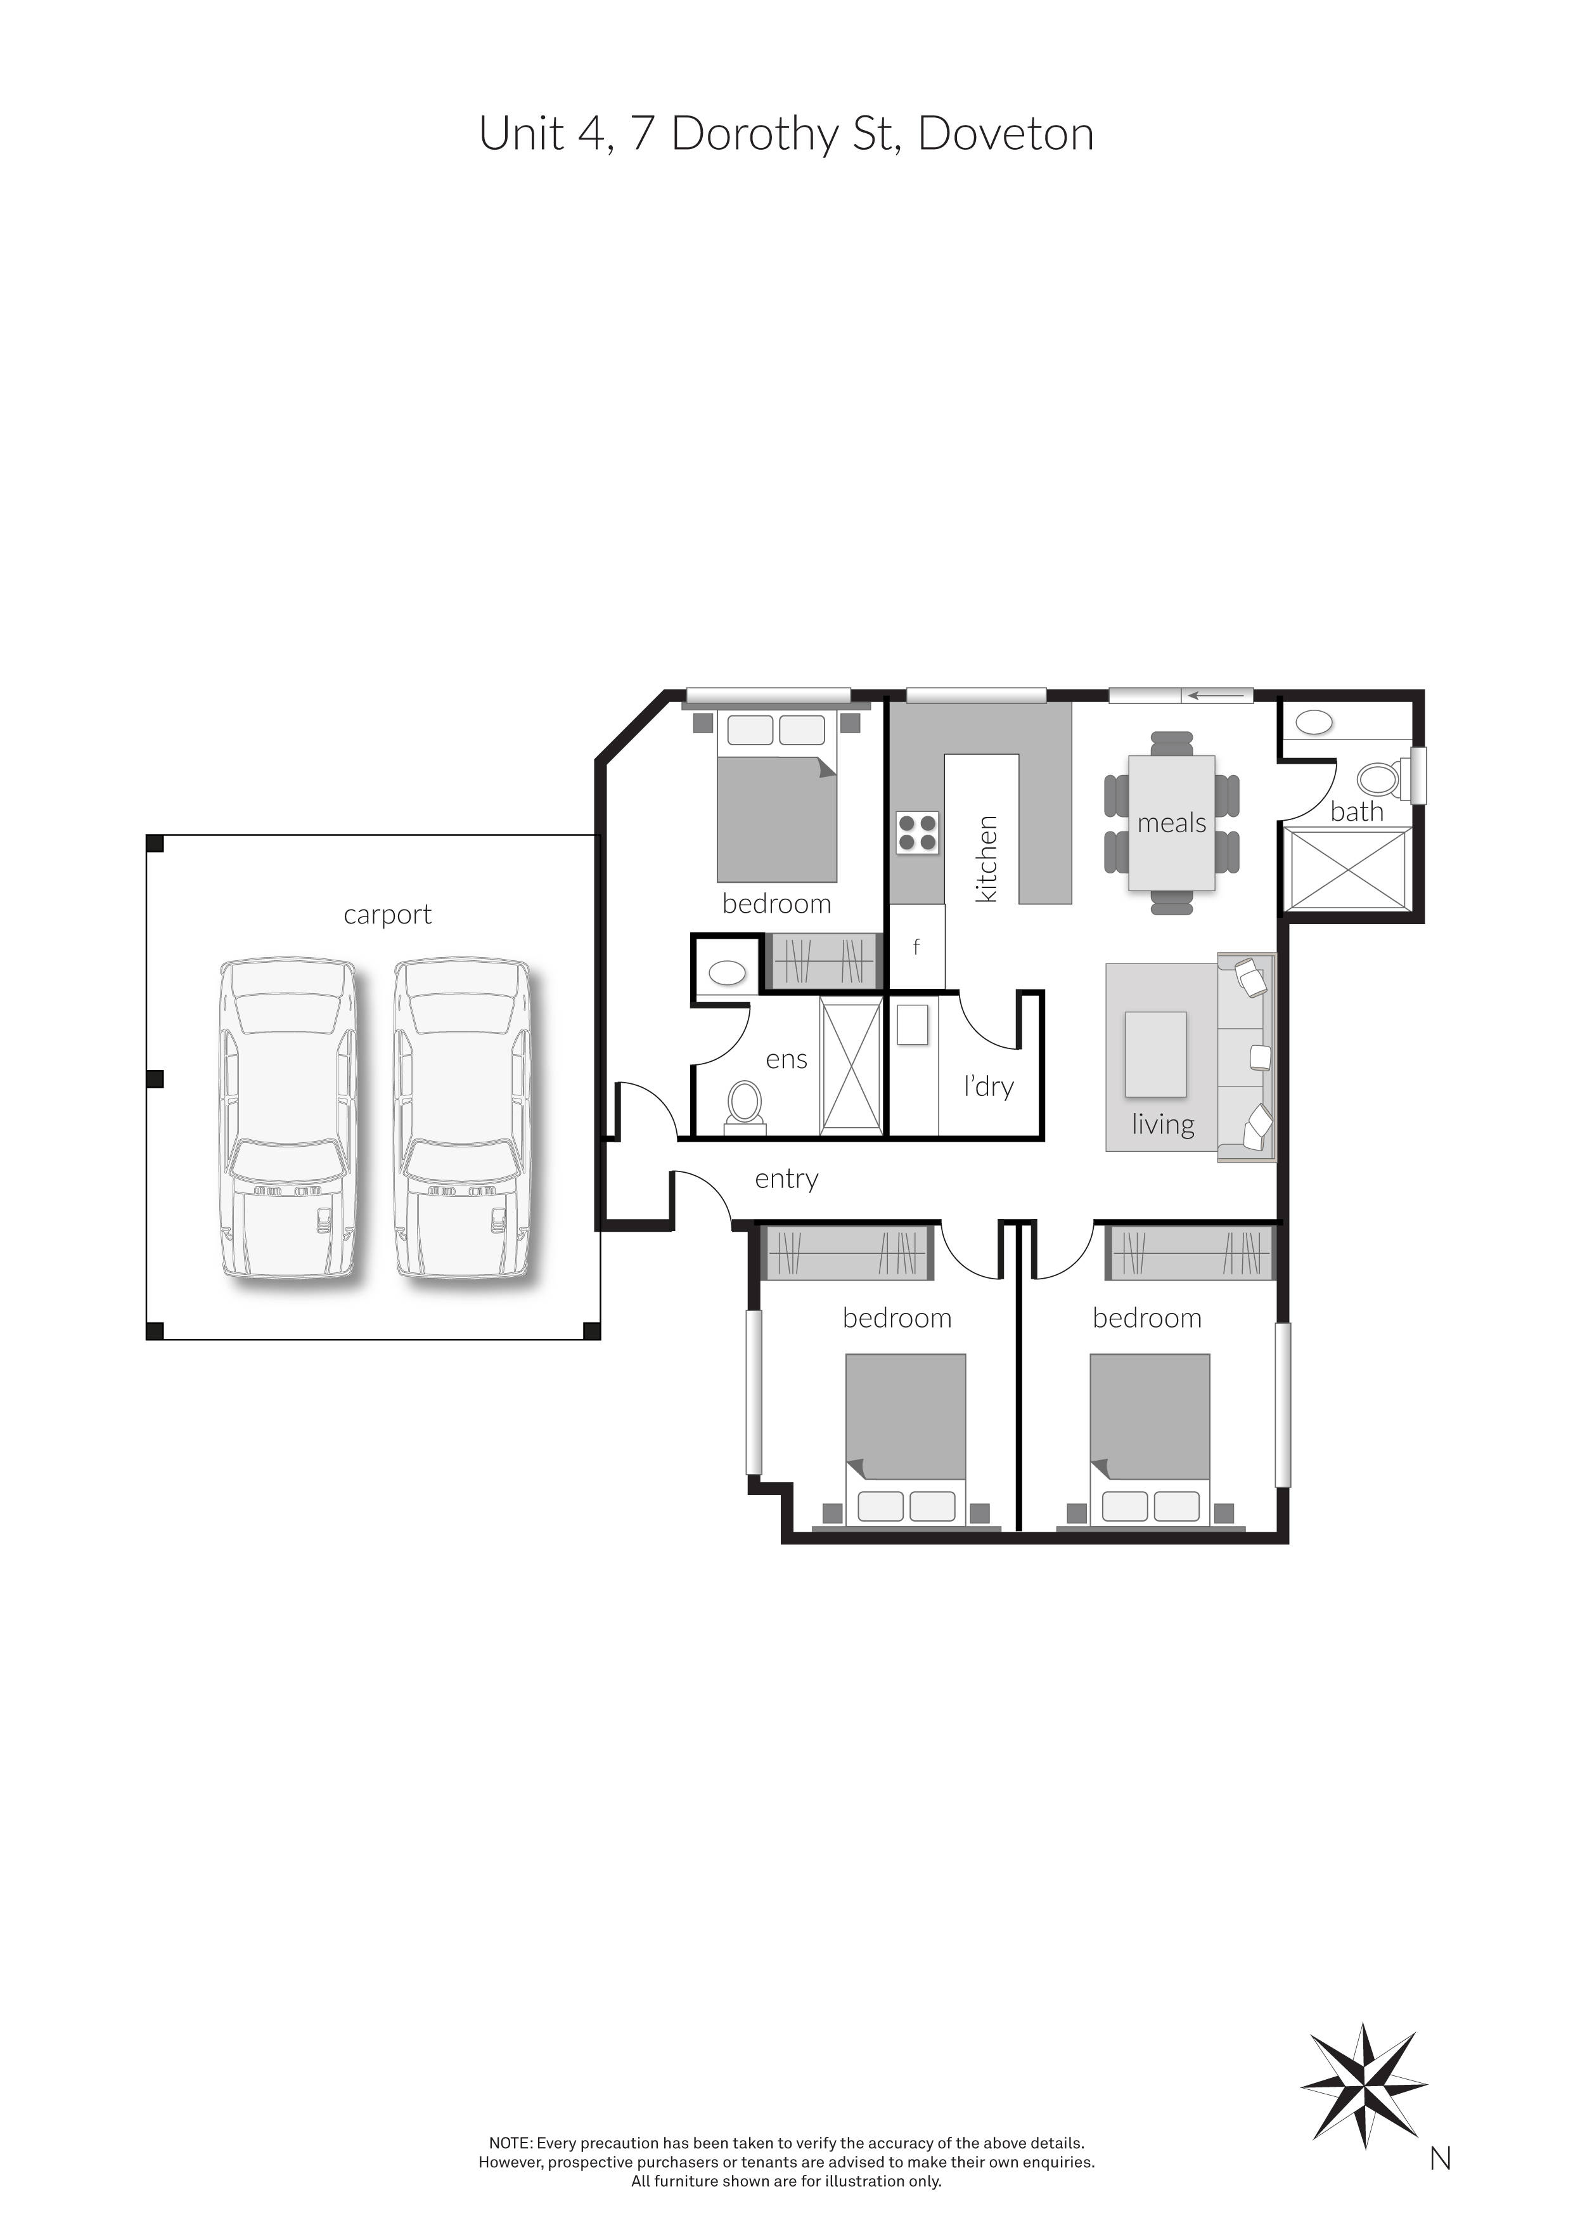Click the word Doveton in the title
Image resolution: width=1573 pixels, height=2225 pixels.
(1005, 134)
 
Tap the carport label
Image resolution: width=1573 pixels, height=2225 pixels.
(387, 915)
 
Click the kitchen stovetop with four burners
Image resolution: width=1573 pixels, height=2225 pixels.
(916, 832)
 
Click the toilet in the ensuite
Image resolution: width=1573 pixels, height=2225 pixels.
(745, 1105)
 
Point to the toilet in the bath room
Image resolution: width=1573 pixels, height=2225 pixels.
(1377, 778)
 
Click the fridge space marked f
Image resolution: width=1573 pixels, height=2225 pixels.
(916, 947)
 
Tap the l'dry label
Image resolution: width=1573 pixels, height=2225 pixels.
(988, 1086)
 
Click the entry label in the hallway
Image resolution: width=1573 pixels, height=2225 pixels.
(786, 1179)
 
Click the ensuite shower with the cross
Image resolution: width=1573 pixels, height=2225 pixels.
(851, 1064)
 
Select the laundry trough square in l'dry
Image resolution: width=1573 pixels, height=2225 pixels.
(913, 1025)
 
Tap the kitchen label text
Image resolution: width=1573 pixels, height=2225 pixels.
(986, 859)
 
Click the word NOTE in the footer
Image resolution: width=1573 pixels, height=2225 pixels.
(510, 2144)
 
